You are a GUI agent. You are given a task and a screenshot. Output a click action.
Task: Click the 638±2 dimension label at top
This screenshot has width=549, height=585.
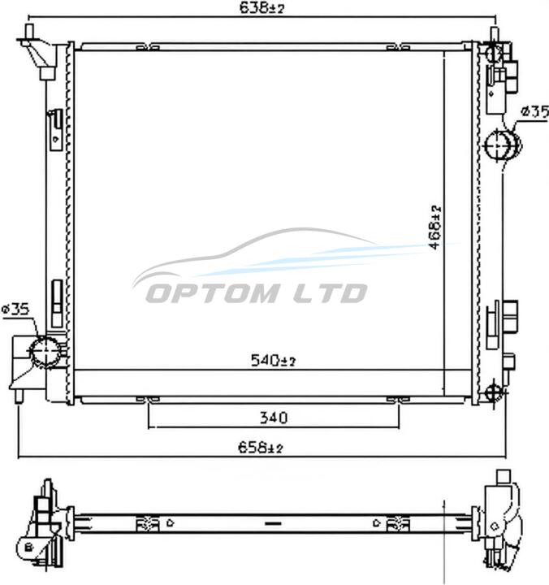[262, 7]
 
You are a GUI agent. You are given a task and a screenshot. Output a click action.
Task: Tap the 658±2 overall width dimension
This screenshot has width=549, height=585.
[261, 447]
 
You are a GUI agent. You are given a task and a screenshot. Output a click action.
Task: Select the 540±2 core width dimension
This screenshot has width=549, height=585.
[273, 361]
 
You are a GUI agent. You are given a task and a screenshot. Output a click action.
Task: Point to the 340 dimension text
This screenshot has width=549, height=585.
[274, 418]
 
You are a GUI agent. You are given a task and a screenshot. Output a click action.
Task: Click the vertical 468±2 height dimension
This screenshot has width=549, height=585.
[434, 227]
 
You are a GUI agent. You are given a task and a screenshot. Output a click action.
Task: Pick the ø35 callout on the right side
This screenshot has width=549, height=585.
[535, 111]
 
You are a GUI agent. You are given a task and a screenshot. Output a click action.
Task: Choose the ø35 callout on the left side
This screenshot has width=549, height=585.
[15, 310]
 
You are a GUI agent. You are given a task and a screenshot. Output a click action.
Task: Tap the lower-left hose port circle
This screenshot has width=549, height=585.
[45, 352]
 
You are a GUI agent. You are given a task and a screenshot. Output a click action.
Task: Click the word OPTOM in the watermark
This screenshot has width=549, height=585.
[213, 292]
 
